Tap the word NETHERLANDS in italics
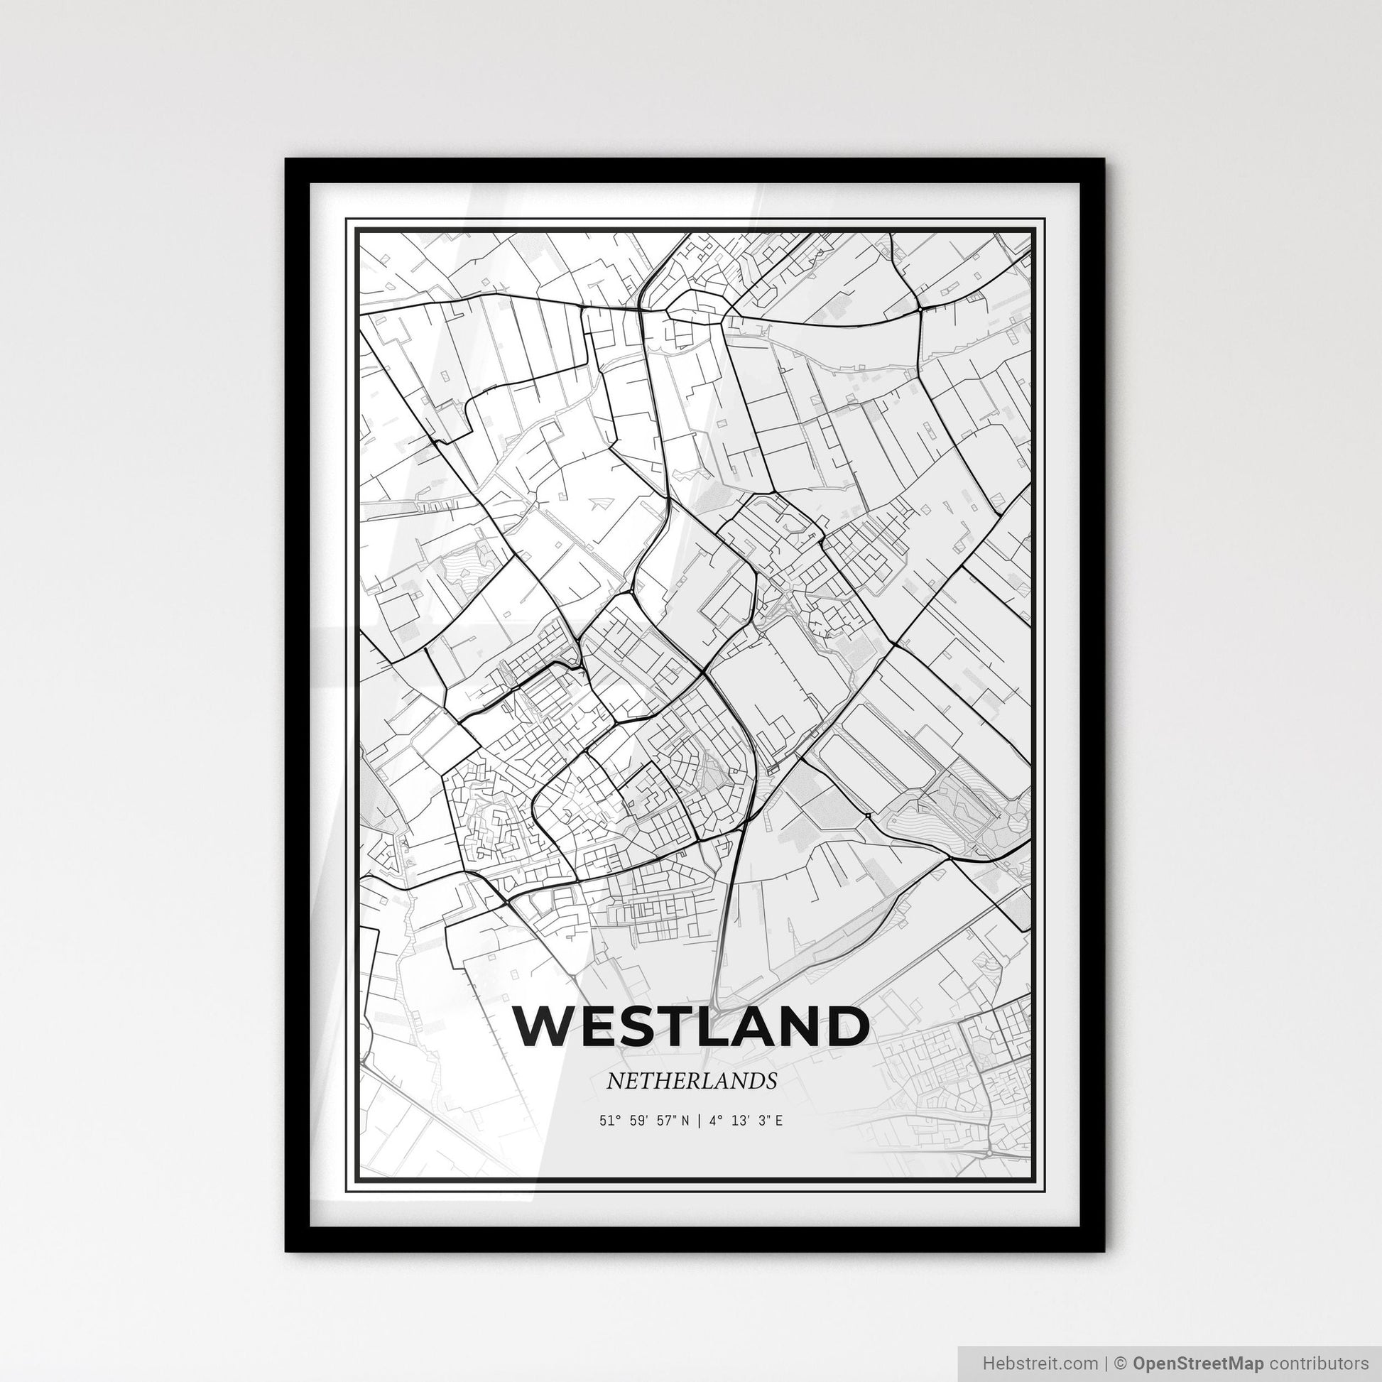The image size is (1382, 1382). [x=691, y=1081]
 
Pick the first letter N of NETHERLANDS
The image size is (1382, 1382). [x=614, y=1081]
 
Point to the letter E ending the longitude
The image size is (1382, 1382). [x=778, y=1120]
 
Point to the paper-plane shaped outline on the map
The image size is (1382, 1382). [x=602, y=505]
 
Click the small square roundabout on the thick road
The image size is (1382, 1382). [x=867, y=814]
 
